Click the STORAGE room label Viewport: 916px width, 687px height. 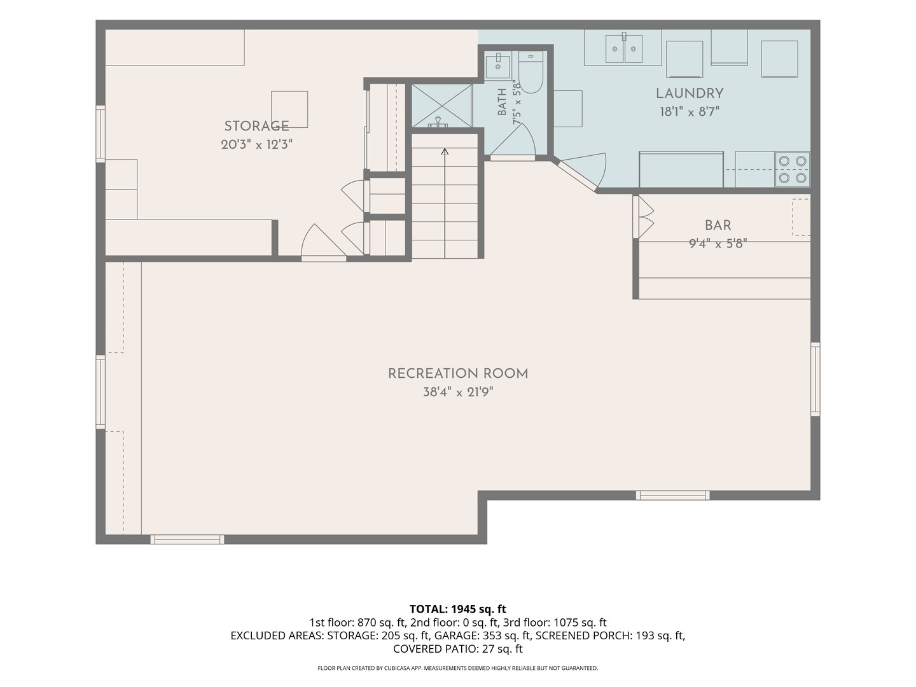point(256,126)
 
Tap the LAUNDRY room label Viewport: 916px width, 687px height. point(690,94)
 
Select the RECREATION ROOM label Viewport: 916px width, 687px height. point(458,373)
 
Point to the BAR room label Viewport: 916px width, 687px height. point(718,225)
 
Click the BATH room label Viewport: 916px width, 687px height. point(502,102)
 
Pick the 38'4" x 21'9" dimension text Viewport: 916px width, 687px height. point(458,392)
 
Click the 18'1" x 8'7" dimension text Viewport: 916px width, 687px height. point(690,112)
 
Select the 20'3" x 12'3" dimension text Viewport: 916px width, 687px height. point(256,144)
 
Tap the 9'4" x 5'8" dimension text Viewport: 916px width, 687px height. point(718,244)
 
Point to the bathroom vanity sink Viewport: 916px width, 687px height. point(497,67)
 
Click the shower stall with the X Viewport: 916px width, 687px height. point(442,106)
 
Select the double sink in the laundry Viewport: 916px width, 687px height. point(624,49)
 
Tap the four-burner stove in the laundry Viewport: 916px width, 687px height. point(793,169)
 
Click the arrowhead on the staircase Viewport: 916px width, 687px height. point(445,151)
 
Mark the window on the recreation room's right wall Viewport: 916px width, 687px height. point(815,379)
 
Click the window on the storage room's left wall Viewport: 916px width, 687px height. point(101,134)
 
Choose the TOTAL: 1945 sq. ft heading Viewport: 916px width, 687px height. point(458,609)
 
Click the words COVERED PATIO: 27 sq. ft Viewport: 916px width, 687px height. point(458,649)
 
